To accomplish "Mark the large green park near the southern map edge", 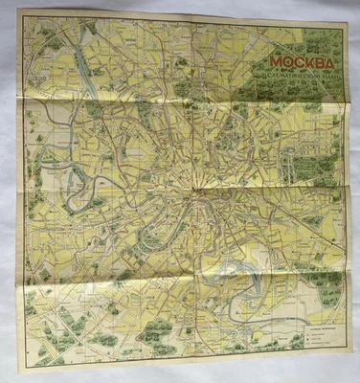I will (158, 335).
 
